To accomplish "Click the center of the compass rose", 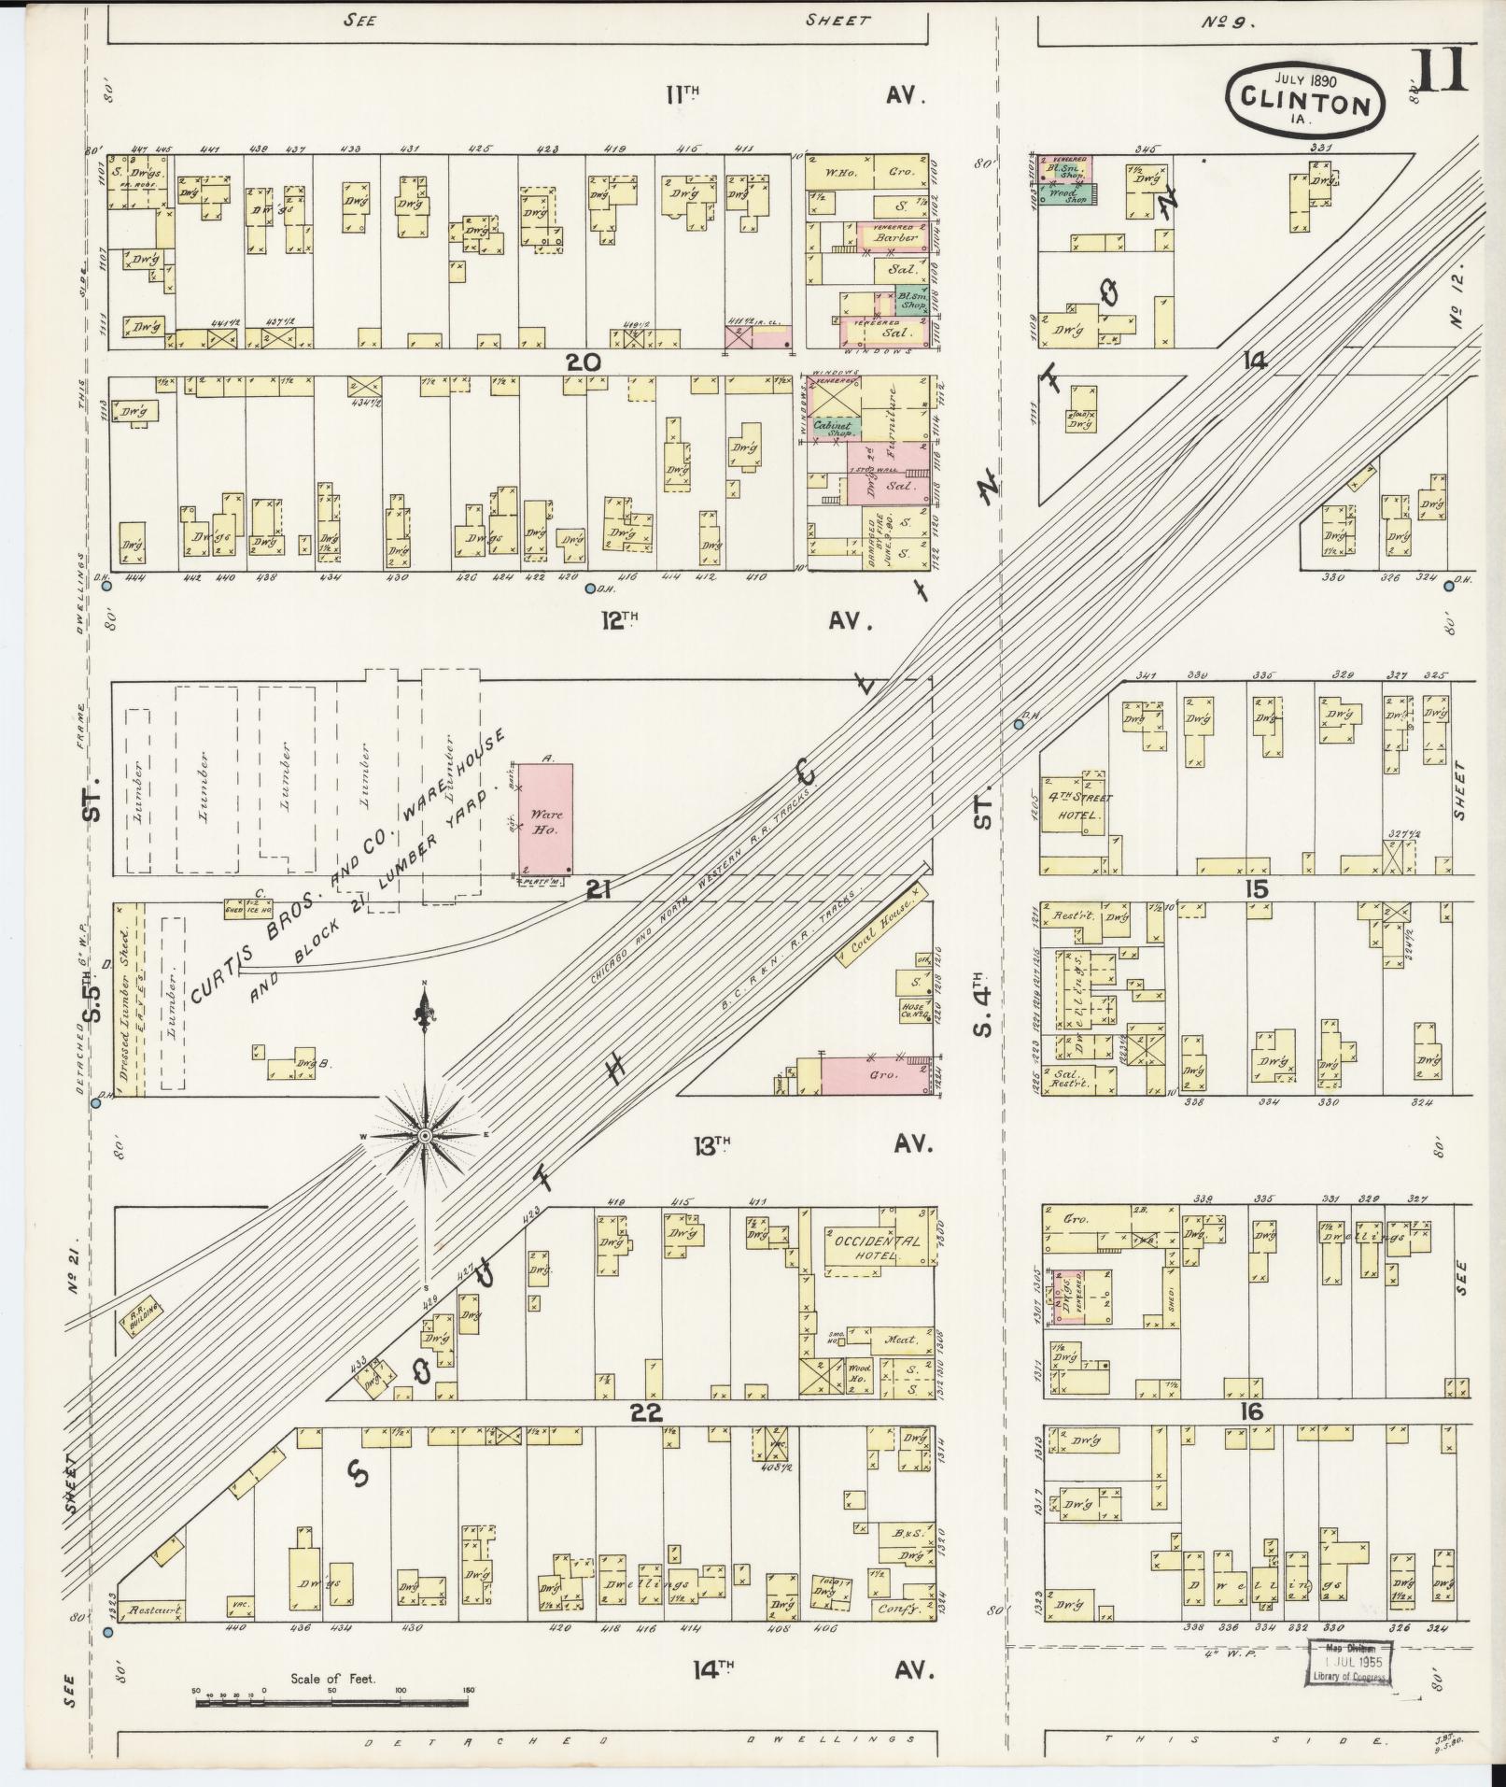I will (x=425, y=1135).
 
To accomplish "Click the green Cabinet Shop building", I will (x=834, y=428).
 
